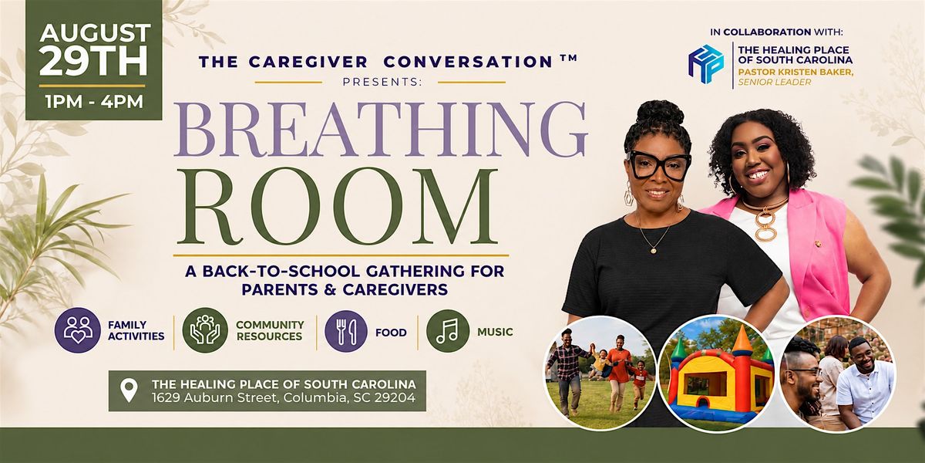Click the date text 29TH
93,60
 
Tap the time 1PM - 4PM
95,102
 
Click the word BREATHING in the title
380,130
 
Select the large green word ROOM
337,206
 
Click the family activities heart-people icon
77,330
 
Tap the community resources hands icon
205,330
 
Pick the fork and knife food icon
346,331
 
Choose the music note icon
448,331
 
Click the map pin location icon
129,390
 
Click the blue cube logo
705,64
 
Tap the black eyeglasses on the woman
658,165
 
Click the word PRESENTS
382,82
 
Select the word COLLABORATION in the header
767,32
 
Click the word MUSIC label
495,332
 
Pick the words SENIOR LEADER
775,83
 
